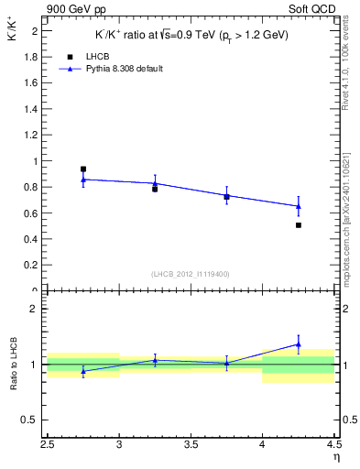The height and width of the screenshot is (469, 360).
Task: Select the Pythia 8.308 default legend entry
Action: coord(112,68)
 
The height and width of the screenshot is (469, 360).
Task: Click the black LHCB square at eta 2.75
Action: coord(83,169)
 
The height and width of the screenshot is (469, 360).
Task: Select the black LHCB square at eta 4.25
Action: coord(299,224)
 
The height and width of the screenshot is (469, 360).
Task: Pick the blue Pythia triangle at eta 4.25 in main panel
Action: coord(299,206)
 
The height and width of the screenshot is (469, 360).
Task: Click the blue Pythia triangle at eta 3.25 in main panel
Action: coord(155,183)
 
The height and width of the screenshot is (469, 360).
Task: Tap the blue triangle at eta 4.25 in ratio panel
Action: coord(299,344)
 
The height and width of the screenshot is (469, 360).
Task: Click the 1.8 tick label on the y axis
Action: coord(31,57)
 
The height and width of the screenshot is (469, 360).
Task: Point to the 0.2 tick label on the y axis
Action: coord(31,266)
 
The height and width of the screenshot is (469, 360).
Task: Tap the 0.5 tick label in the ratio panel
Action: coord(31,420)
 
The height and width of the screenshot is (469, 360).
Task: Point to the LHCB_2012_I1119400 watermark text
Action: coord(191,273)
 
